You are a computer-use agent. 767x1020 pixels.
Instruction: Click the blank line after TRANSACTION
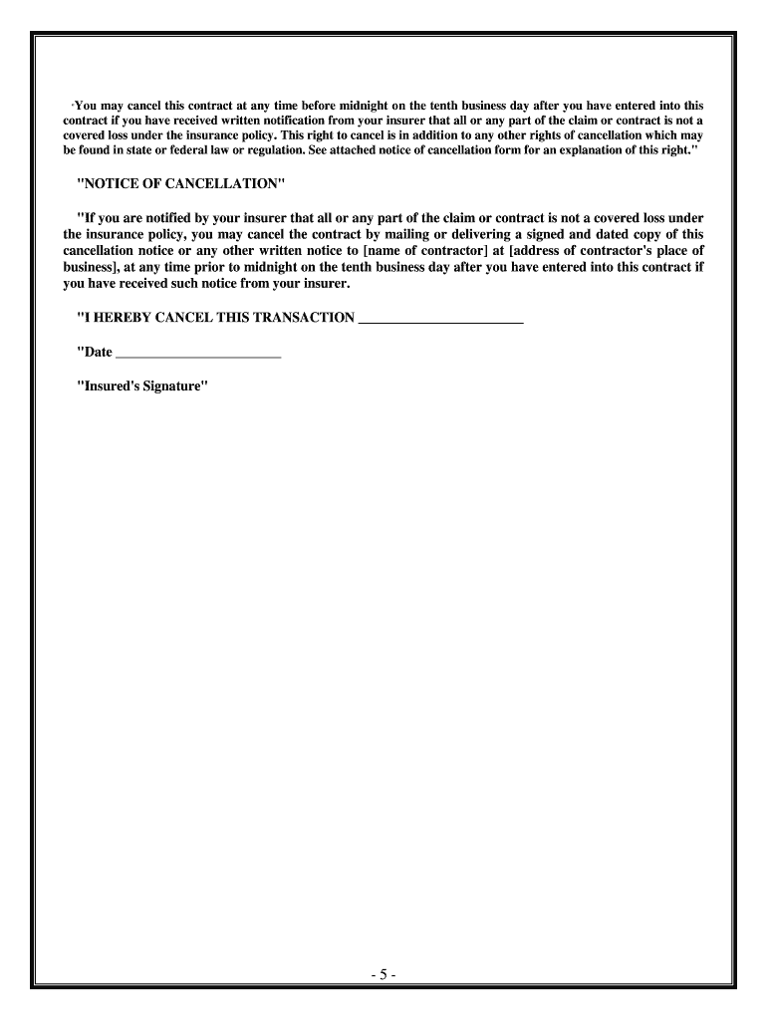[x=439, y=319]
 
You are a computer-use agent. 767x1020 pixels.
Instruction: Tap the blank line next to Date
[x=198, y=353]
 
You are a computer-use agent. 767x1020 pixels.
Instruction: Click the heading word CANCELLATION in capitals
[x=226, y=185]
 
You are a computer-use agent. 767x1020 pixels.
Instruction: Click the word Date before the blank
[x=97, y=352]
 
